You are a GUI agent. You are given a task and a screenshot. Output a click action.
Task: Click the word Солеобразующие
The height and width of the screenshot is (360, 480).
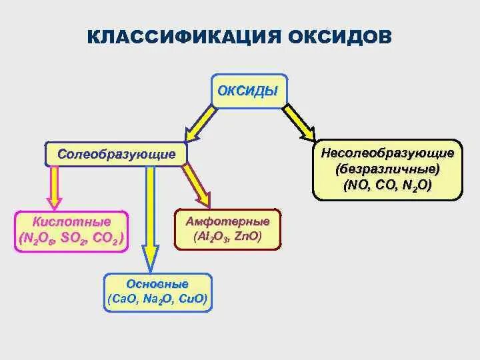tap(117, 154)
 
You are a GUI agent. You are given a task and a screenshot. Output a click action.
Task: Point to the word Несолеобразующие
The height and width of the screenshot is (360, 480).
tap(387, 153)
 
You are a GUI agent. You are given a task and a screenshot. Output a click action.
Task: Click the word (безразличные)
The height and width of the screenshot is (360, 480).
tap(387, 168)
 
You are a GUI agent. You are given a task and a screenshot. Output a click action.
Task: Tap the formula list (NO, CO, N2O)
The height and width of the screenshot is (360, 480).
tap(387, 184)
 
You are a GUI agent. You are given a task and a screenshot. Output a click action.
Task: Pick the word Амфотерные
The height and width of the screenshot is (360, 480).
tap(227, 221)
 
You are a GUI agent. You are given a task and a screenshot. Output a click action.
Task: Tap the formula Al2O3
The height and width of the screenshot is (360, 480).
tap(212, 237)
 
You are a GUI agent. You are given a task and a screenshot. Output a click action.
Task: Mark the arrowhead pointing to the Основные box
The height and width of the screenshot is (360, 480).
tap(151, 257)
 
